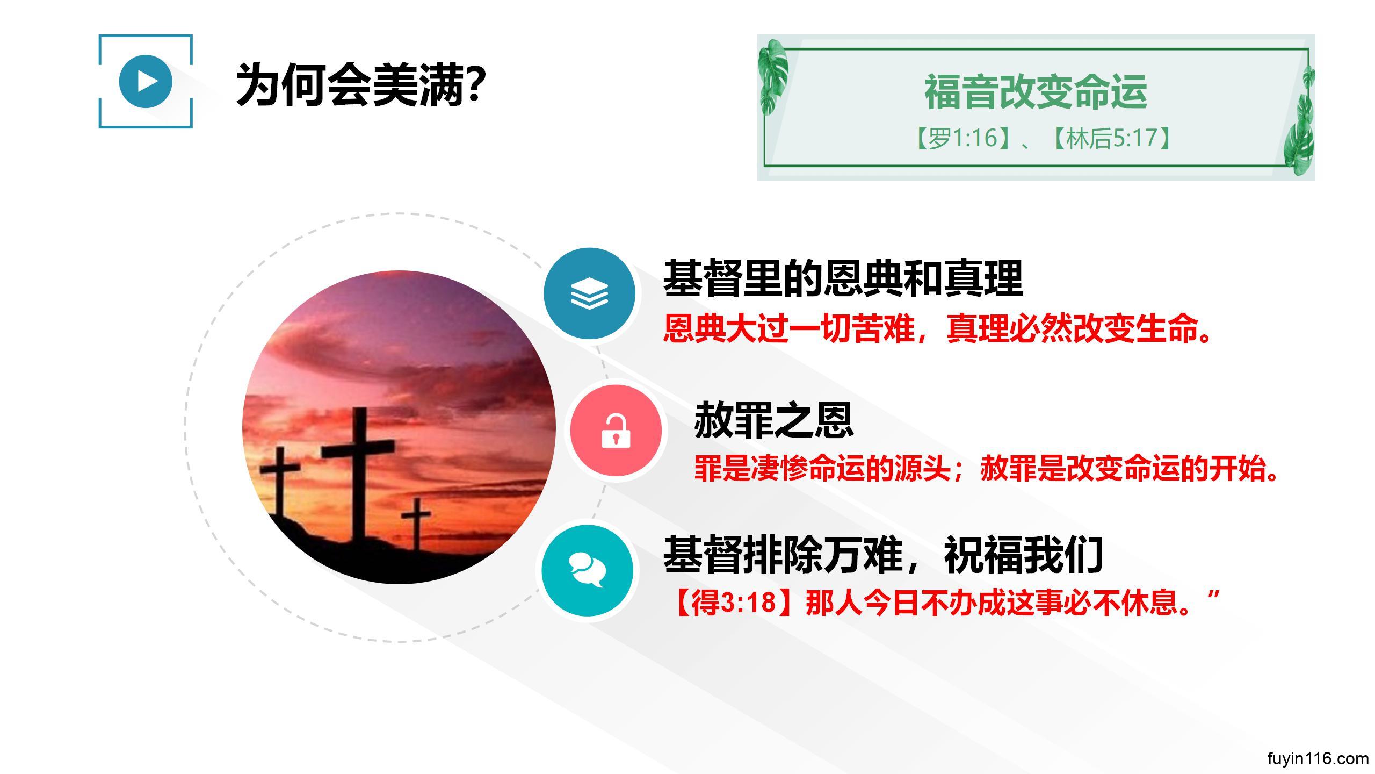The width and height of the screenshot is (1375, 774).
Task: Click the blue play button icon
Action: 146,81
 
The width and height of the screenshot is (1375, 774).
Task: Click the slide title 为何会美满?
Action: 361,85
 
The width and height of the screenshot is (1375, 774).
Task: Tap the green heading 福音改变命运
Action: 1036,92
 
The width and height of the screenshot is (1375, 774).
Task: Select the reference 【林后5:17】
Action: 1111,138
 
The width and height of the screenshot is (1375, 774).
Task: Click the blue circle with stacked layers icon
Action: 589,293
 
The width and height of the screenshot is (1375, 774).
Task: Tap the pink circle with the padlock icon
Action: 616,430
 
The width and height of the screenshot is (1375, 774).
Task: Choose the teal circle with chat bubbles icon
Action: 587,570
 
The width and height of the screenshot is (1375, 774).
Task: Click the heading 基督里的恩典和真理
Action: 843,278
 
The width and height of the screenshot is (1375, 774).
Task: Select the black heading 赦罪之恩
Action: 774,420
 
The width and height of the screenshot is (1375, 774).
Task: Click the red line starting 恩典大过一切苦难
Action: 938,328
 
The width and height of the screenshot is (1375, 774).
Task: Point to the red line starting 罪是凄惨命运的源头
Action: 986,468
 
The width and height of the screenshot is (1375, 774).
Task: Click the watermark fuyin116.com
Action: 1318,758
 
